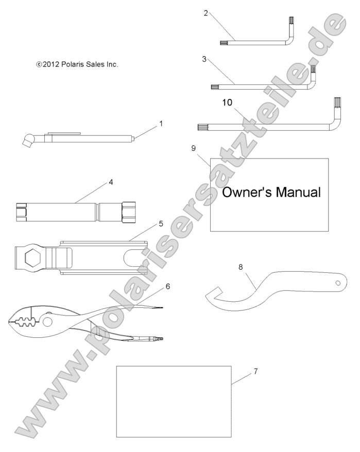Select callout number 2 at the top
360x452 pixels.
[205, 13]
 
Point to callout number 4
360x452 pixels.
[110, 182]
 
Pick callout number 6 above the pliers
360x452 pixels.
[167, 286]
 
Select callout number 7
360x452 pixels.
[256, 371]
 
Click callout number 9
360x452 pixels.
[193, 148]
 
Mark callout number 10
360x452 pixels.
[227, 102]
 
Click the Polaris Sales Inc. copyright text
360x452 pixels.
[77, 64]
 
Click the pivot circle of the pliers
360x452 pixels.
[48, 322]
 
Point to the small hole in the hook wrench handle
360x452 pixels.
[337, 283]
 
